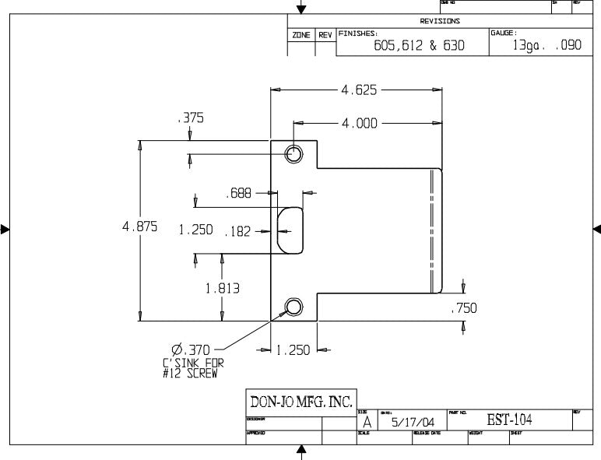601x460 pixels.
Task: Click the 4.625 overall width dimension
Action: [359, 90]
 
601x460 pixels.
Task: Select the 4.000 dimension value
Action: [359, 123]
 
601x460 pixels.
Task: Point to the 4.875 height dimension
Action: [140, 227]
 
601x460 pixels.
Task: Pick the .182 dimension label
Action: [237, 231]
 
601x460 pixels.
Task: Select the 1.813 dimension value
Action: [223, 288]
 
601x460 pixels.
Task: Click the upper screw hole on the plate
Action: [293, 153]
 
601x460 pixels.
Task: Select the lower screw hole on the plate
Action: [293, 307]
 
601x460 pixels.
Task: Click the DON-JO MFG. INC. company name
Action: [300, 402]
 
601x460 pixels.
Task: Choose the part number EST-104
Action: [510, 420]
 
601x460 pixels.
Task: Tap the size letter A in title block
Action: [367, 421]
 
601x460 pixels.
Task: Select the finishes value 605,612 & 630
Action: [419, 46]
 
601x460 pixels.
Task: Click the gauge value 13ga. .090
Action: [547, 46]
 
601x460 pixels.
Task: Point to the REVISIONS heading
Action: [440, 21]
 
